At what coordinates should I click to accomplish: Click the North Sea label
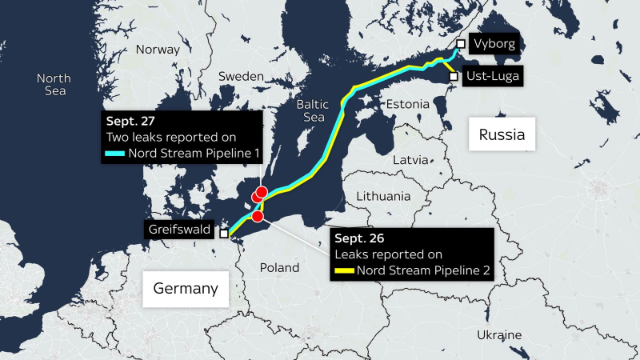(x=54, y=85)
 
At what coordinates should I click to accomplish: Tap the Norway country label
(x=158, y=50)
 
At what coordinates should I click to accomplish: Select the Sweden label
(x=242, y=76)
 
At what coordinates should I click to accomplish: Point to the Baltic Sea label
(x=312, y=110)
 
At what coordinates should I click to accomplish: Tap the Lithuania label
(x=384, y=196)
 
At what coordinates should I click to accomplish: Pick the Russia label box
(x=502, y=134)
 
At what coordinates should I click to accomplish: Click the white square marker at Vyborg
(x=461, y=44)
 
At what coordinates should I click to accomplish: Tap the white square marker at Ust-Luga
(x=454, y=77)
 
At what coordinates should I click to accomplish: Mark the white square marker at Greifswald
(x=225, y=234)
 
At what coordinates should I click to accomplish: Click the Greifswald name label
(x=179, y=230)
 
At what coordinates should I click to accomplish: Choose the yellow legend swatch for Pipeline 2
(x=344, y=270)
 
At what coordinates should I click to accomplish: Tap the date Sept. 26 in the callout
(x=357, y=239)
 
